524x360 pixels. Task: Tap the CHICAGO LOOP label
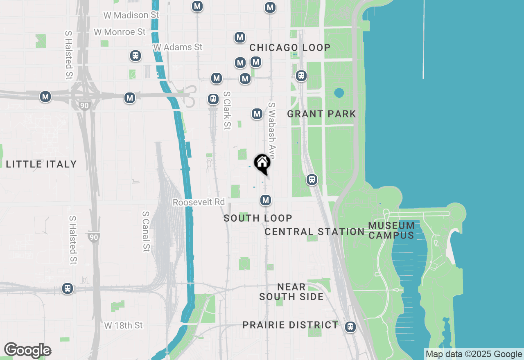[x=290, y=47]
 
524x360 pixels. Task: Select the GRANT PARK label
[x=321, y=114]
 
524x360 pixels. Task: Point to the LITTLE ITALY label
[x=41, y=164]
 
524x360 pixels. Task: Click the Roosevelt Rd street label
[x=199, y=202]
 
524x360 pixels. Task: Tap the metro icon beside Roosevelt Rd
[x=266, y=200]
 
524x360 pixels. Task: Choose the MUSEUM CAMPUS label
[x=391, y=230]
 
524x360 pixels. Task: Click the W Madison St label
[x=131, y=15]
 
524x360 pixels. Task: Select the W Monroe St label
[x=120, y=32]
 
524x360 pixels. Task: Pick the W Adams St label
[x=178, y=47]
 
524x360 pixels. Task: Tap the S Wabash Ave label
[x=272, y=130]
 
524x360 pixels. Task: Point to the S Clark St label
[x=227, y=110]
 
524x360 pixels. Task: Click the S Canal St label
[x=146, y=231]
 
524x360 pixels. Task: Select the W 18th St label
[x=124, y=325]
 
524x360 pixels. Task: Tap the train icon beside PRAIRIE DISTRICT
[x=350, y=327]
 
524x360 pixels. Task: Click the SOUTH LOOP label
[x=258, y=218]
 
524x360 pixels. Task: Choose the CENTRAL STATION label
[x=314, y=232]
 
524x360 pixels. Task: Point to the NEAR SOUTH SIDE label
[x=291, y=292]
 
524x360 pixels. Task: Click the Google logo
[x=27, y=351]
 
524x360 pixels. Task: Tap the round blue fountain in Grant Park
[x=339, y=93]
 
